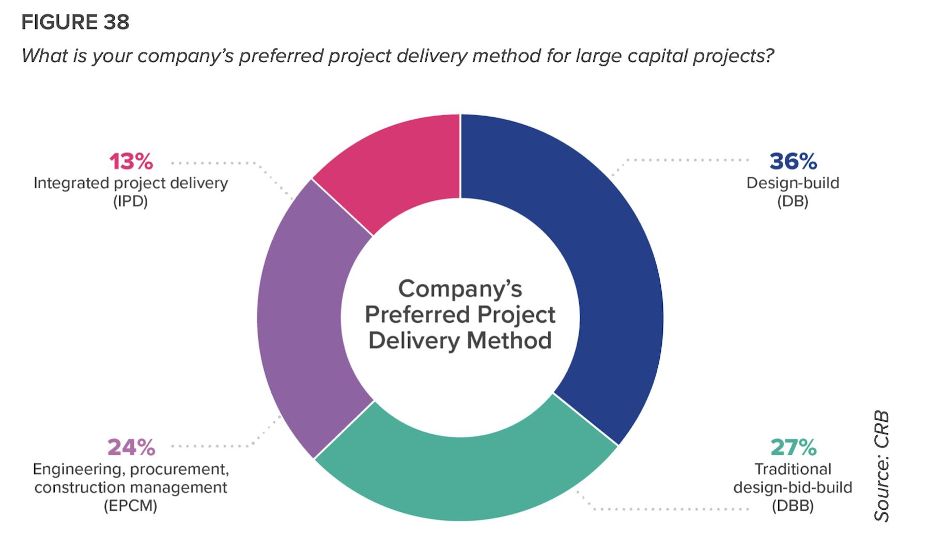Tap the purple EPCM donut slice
click(x=300, y=321)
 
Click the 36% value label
click(x=793, y=161)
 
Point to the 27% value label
click(x=793, y=447)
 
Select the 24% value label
click(x=131, y=447)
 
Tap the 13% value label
click(x=131, y=161)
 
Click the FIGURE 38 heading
click(x=75, y=22)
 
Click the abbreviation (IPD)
click(x=131, y=201)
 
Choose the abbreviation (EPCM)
click(x=131, y=506)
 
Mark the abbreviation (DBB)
click(x=793, y=506)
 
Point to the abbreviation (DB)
click(x=793, y=201)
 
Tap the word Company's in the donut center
click(x=460, y=288)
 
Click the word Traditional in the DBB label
click(x=793, y=469)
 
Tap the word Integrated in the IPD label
click(x=71, y=183)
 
